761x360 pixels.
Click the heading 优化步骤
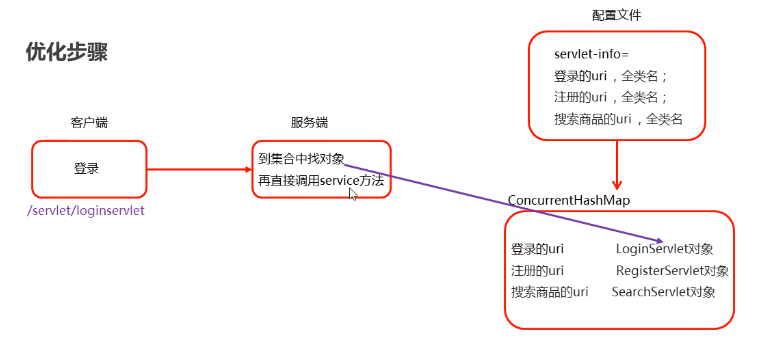pos(67,53)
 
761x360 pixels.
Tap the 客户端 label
pos(89,123)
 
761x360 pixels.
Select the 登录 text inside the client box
pos(87,168)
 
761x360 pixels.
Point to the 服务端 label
pos(309,123)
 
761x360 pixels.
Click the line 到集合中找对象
pos(301,159)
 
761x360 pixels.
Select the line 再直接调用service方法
pos(320,180)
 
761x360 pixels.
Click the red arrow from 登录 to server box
pos(200,169)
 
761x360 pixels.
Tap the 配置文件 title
pos(617,16)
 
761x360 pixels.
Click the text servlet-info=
pos(592,54)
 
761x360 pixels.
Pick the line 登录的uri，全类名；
pos(610,76)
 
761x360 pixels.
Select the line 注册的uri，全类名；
pos(610,97)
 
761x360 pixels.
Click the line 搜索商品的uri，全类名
pos(617,119)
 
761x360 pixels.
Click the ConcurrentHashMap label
pos(569,201)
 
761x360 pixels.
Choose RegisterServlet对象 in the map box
pos(672,271)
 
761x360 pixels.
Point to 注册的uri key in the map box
pos(537,271)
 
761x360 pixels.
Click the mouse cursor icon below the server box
pos(352,194)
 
